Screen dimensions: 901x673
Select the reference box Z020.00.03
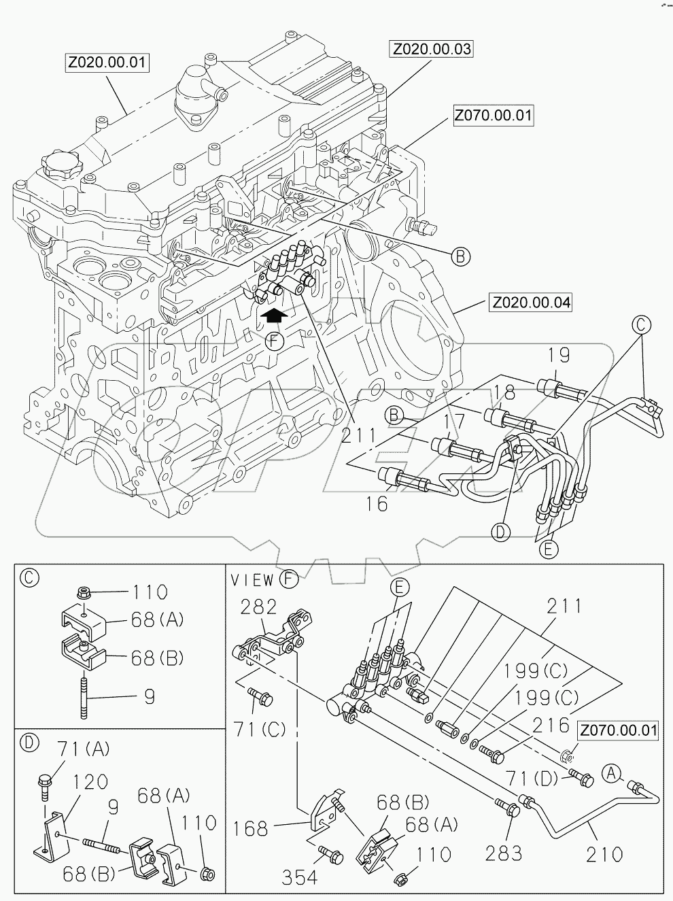pyautogui.click(x=431, y=50)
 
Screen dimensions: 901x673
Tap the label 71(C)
pyautogui.click(x=260, y=730)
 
